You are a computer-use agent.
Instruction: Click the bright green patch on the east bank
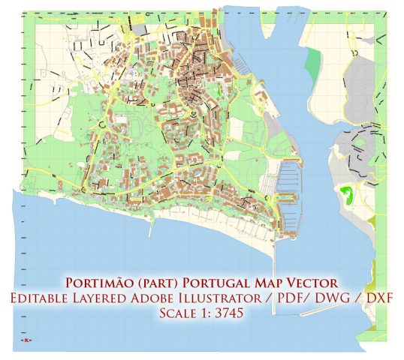point(346,196)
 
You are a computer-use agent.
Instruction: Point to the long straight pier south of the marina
point(273,255)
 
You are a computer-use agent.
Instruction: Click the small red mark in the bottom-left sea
point(28,339)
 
